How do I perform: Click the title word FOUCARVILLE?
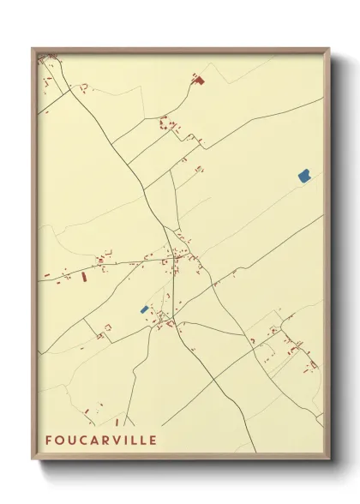[x=101, y=440]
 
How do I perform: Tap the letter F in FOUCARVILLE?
[x=49, y=440]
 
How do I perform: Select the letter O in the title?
[x=59, y=440]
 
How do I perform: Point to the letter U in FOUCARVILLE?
[x=71, y=440]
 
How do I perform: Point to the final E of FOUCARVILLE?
[x=152, y=440]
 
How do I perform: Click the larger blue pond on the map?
[x=303, y=175]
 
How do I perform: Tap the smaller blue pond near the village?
[x=144, y=309]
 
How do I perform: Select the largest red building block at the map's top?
[x=200, y=81]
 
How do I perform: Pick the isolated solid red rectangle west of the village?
[x=84, y=277]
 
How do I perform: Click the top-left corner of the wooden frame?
[x=33, y=48]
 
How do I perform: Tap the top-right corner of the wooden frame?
[x=329, y=48]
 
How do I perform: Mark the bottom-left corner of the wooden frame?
[x=33, y=460]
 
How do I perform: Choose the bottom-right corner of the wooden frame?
[x=329, y=460]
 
